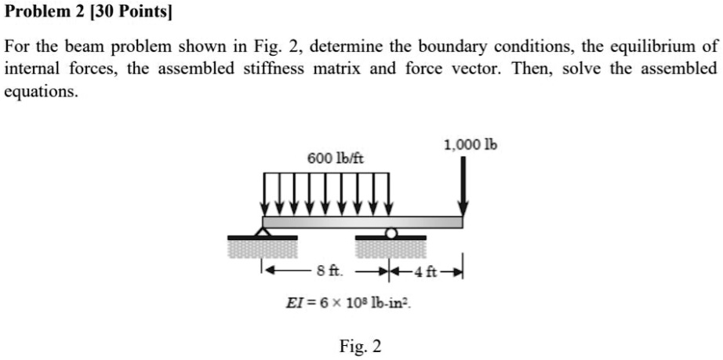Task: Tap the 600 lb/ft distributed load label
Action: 336,159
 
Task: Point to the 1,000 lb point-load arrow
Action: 463,186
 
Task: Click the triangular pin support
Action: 263,231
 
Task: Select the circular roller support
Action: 391,233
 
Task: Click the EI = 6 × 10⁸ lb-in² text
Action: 349,304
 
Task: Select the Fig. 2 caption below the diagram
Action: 360,346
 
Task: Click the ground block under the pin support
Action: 263,247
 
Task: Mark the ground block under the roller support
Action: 391,247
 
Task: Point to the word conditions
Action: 535,46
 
